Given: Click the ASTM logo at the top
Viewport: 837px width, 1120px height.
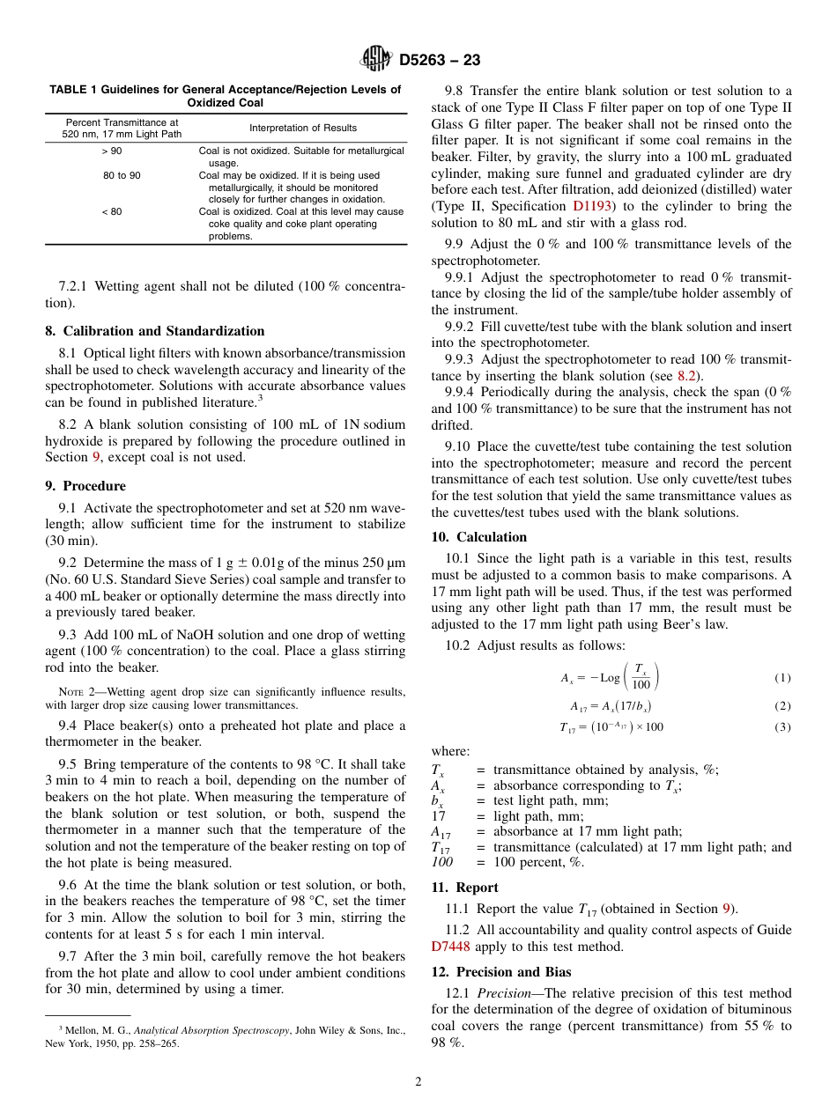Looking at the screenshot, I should pyautogui.click(x=377, y=60).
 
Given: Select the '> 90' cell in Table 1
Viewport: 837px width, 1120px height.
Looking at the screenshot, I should pyautogui.click(x=112, y=151).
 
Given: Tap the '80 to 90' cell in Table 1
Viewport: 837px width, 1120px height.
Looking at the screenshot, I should pyautogui.click(x=122, y=176).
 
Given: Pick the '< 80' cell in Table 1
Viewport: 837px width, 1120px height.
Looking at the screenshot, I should pyautogui.click(x=112, y=212).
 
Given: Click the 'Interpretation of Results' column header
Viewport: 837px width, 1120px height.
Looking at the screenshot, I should pyautogui.click(x=303, y=129).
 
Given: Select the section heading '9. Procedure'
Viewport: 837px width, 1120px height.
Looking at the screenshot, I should pyautogui.click(x=85, y=486).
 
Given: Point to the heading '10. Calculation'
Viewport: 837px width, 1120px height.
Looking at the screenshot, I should pyautogui.click(x=479, y=537).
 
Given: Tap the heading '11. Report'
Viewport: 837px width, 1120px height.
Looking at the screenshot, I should pyautogui.click(x=464, y=888).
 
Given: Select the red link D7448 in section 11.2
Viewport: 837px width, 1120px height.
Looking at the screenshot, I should pyautogui.click(x=450, y=947).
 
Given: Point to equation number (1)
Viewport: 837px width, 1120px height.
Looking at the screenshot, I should pyautogui.click(x=782, y=678).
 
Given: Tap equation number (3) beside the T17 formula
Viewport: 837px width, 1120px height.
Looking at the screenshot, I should pyautogui.click(x=782, y=727).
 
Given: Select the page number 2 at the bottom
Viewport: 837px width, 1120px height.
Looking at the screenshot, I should pyautogui.click(x=418, y=1082).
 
